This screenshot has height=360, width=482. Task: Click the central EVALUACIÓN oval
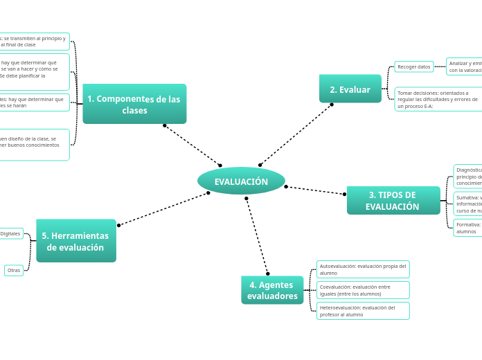[x=241, y=181]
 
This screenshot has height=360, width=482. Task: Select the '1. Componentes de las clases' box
[x=134, y=104]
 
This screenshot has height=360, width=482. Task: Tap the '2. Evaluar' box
[x=350, y=89]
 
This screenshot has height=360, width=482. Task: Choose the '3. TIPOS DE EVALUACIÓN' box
[x=393, y=201]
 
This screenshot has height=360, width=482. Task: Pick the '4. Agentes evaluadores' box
[x=272, y=290]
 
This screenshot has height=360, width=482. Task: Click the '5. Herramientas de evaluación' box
[x=75, y=241]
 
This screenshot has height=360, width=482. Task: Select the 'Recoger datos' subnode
[x=413, y=66]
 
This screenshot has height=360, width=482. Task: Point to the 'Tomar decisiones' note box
[x=438, y=99]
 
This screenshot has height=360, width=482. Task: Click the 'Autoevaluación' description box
[x=363, y=269]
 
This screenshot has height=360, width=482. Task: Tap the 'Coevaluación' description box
[x=363, y=290]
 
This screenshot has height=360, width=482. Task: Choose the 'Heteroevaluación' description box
[x=363, y=311]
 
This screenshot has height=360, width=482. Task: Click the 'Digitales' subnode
[x=11, y=233]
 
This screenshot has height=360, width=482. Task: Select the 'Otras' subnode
[x=14, y=270]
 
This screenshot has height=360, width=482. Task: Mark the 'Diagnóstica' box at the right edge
[x=468, y=177]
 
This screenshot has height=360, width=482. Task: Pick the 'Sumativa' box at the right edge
[x=468, y=204]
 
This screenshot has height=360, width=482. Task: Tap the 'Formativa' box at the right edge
[x=468, y=228]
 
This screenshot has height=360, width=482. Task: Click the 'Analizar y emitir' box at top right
[x=465, y=66]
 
